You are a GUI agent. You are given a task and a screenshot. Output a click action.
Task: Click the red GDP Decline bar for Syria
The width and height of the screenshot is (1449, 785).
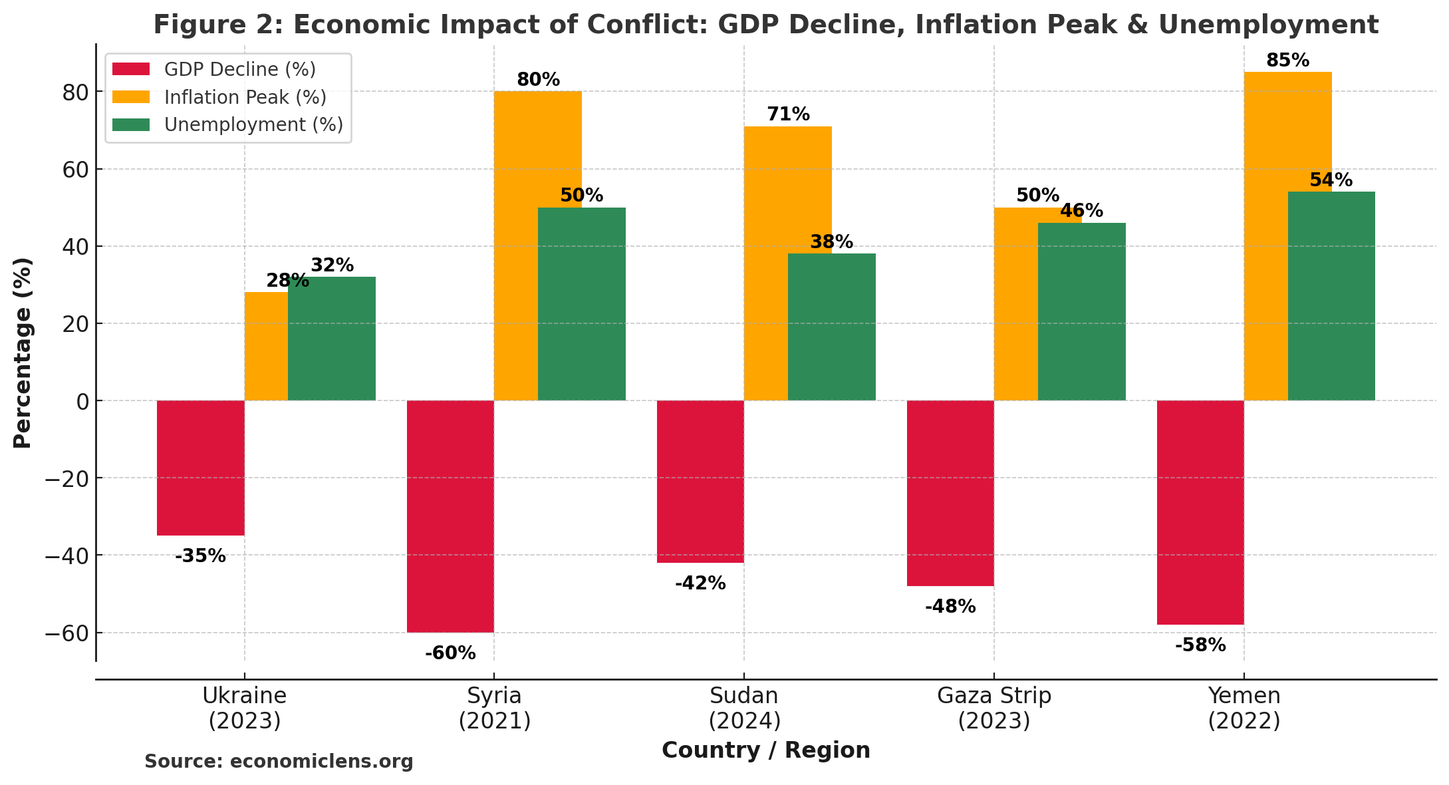click(x=450, y=516)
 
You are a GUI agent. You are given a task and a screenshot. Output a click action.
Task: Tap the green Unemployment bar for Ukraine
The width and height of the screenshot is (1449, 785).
click(x=332, y=339)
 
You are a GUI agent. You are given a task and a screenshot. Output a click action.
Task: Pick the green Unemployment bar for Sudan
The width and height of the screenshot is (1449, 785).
click(x=831, y=327)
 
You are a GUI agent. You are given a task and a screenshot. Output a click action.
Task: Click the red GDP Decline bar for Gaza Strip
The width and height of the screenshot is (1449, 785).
click(x=950, y=493)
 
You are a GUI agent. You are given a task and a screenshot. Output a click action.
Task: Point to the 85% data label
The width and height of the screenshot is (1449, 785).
click(x=1287, y=61)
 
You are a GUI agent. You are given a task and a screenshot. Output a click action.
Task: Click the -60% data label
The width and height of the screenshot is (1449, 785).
click(x=450, y=653)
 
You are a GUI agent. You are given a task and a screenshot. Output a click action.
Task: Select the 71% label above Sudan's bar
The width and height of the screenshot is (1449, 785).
click(x=788, y=114)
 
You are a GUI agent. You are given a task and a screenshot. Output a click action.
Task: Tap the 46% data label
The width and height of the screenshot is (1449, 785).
click(x=1081, y=211)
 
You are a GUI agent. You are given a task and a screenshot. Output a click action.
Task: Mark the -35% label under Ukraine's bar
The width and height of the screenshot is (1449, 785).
click(x=200, y=556)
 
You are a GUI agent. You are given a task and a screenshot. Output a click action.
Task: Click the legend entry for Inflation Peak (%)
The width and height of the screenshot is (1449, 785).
click(x=245, y=97)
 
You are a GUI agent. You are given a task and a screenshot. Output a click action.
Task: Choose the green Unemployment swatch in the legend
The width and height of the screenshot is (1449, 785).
click(x=131, y=125)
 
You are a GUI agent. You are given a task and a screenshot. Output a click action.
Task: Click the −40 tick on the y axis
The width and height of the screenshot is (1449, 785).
click(x=66, y=555)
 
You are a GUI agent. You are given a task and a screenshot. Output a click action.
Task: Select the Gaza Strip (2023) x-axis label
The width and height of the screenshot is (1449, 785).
click(x=993, y=708)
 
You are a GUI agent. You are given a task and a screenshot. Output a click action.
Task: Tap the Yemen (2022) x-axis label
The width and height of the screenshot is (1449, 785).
click(x=1244, y=708)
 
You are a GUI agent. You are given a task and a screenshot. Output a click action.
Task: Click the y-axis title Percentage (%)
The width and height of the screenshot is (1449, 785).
click(x=23, y=353)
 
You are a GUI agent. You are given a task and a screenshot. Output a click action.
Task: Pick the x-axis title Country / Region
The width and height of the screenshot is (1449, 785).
click(x=765, y=750)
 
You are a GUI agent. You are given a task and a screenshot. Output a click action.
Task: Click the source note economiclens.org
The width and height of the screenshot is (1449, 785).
click(x=279, y=762)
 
